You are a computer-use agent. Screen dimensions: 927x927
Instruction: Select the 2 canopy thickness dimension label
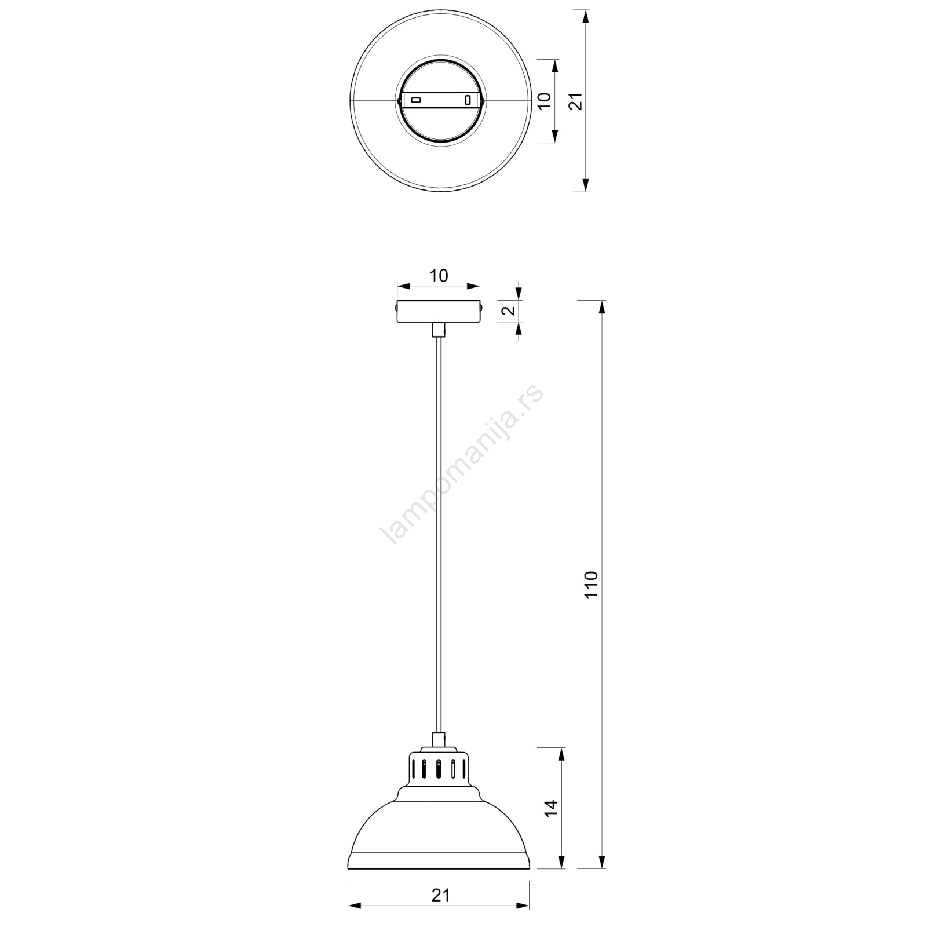[508, 310]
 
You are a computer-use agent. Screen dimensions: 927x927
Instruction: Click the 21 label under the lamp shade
[440, 895]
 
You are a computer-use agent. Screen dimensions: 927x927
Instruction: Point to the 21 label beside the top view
[575, 101]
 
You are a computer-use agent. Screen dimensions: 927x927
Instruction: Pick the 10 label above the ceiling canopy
[439, 276]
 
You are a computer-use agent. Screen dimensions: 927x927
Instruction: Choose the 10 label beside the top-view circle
[544, 101]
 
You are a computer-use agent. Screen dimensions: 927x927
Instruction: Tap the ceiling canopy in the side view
[439, 311]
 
